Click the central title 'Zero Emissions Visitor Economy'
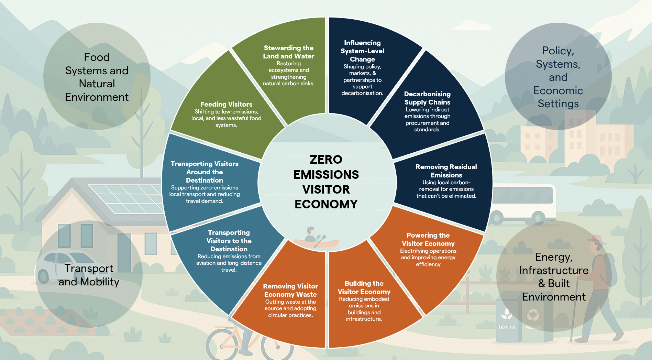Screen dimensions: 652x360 [x=326, y=182]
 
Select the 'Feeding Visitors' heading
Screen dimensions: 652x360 [x=226, y=104]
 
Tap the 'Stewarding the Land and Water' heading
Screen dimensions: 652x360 [x=289, y=52]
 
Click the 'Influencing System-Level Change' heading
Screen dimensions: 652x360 [x=362, y=51]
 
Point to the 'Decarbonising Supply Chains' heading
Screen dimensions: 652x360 [x=427, y=98]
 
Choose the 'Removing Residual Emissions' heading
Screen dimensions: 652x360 [x=446, y=171]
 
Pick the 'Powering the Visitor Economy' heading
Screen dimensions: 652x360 [x=428, y=239]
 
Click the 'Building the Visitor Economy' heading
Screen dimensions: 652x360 [x=364, y=287]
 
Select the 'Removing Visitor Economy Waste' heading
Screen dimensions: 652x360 [x=290, y=290]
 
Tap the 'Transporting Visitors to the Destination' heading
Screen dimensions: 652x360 [x=229, y=241]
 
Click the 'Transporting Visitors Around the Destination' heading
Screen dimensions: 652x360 [x=205, y=172]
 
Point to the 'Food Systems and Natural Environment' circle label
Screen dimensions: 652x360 [x=97, y=77]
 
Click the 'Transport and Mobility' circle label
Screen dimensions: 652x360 [x=89, y=275]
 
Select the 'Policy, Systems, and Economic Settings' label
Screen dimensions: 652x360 [x=558, y=77]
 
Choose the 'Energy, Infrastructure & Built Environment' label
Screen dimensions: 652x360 [x=554, y=277]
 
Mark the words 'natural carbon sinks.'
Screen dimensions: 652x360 [x=288, y=84]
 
